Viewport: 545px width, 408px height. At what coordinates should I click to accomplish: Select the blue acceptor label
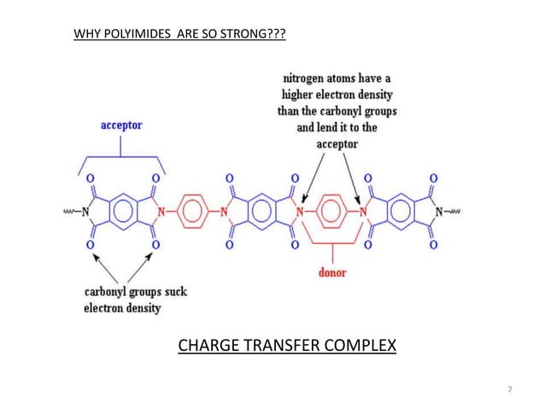coord(121,125)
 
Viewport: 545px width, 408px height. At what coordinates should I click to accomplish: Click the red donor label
coord(331,273)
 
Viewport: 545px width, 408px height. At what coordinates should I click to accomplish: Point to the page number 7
coord(510,390)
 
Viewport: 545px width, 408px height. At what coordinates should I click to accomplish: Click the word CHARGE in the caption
coord(205,346)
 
